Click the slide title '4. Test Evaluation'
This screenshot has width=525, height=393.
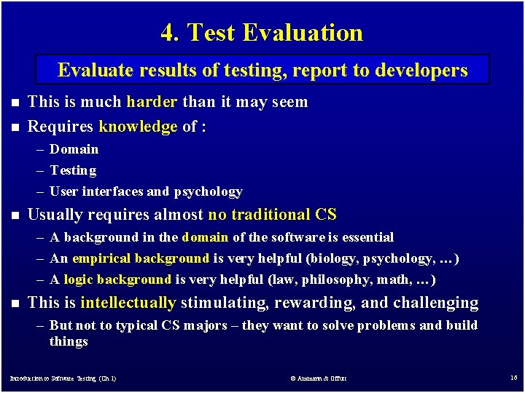click(262, 33)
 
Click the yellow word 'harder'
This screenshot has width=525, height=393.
click(152, 102)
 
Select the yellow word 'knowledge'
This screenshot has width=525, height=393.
click(138, 127)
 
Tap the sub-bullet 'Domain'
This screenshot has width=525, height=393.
click(74, 149)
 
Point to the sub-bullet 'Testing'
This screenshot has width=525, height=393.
click(73, 170)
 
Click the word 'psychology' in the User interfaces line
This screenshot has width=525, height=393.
click(208, 191)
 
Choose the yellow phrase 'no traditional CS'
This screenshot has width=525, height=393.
click(272, 215)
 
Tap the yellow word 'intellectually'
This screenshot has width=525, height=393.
click(128, 303)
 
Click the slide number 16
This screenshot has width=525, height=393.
click(513, 378)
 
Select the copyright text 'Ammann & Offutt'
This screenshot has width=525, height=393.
click(318, 378)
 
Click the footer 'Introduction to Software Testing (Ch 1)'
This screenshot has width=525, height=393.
click(63, 378)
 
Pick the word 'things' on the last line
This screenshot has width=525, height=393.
click(69, 341)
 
